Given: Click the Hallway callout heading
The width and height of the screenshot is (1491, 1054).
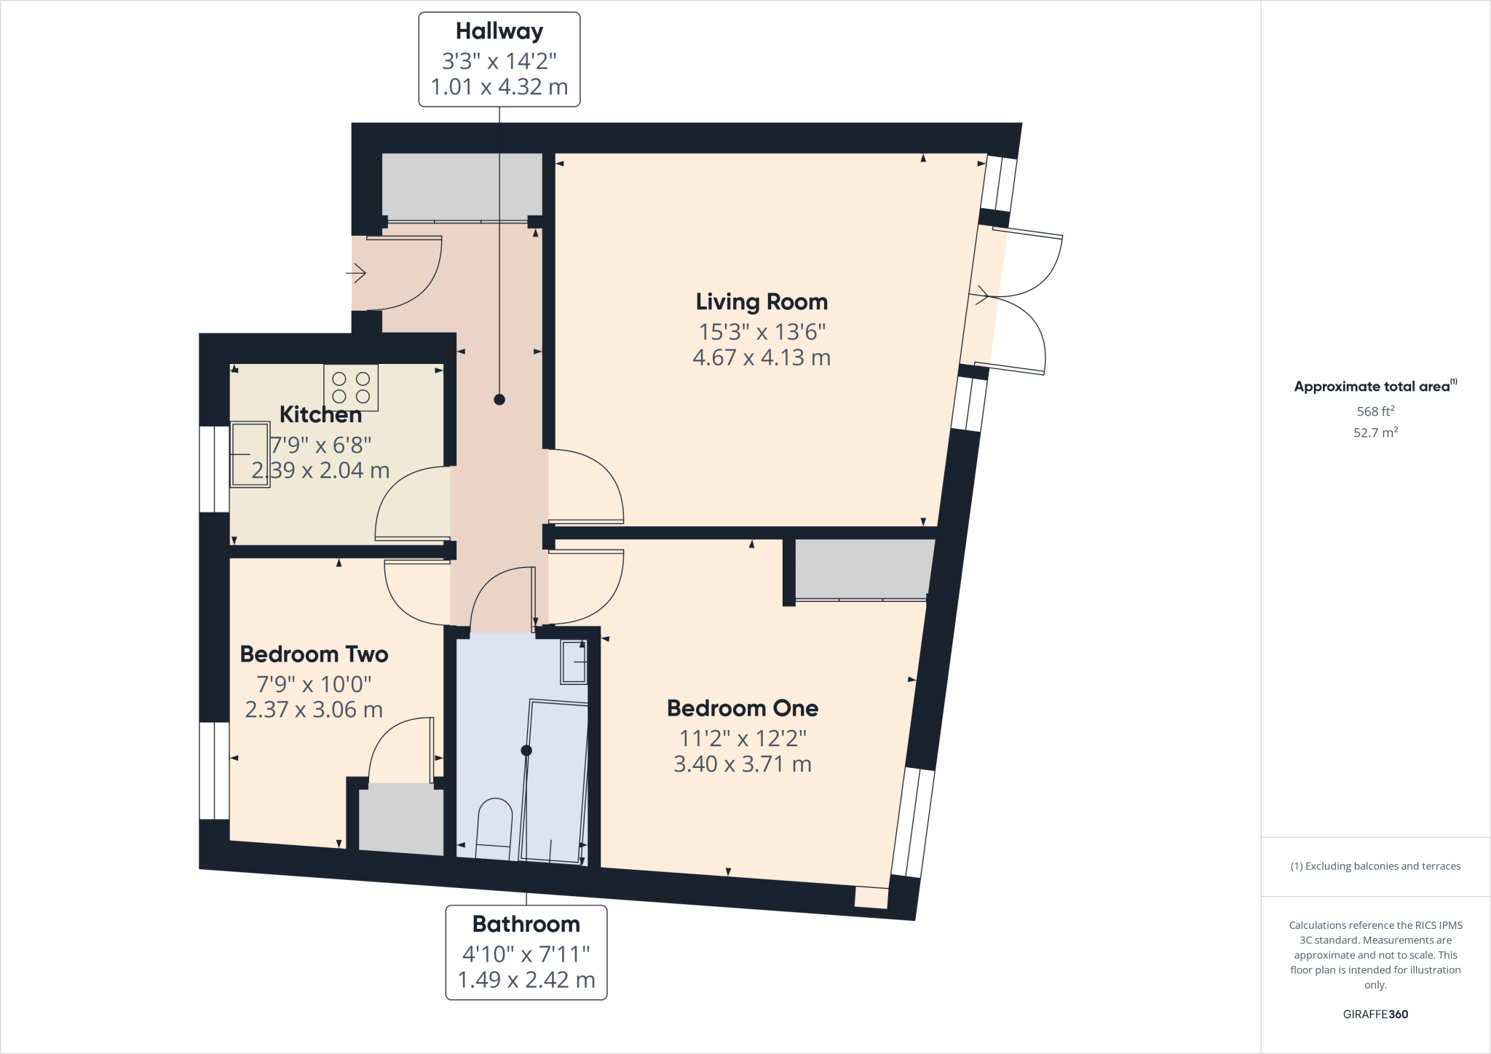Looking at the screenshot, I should click(x=499, y=31).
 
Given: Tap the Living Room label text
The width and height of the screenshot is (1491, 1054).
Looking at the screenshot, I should click(x=762, y=302).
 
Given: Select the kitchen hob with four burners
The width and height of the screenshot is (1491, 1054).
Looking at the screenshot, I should click(x=351, y=388).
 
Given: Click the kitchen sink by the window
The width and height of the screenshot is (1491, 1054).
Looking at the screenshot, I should click(x=250, y=454).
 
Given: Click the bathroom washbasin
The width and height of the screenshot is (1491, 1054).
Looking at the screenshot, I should click(x=574, y=662).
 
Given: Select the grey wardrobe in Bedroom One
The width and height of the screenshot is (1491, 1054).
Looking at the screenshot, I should click(x=863, y=568).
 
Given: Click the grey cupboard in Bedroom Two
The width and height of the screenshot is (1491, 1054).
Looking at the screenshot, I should click(x=401, y=818).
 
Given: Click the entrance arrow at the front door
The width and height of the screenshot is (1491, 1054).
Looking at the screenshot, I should click(x=356, y=274).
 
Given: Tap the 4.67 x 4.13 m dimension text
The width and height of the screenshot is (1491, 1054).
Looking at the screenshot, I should click(x=762, y=358).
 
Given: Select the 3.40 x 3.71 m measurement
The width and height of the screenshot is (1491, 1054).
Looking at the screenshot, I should click(x=743, y=764).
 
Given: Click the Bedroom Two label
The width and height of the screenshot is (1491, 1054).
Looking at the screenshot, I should click(x=314, y=654).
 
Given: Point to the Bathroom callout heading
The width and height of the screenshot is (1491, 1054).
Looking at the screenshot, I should click(x=526, y=924).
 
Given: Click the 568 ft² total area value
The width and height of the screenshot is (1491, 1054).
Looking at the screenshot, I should click(x=1375, y=411).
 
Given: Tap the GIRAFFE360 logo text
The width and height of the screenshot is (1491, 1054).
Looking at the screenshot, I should click(x=1375, y=1014).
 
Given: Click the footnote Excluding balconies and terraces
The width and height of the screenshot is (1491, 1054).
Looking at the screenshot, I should click(x=1375, y=866).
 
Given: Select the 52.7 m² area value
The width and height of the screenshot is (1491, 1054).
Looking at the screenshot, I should click(x=1375, y=432).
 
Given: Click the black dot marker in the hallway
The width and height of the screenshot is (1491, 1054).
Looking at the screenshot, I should click(x=499, y=400).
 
